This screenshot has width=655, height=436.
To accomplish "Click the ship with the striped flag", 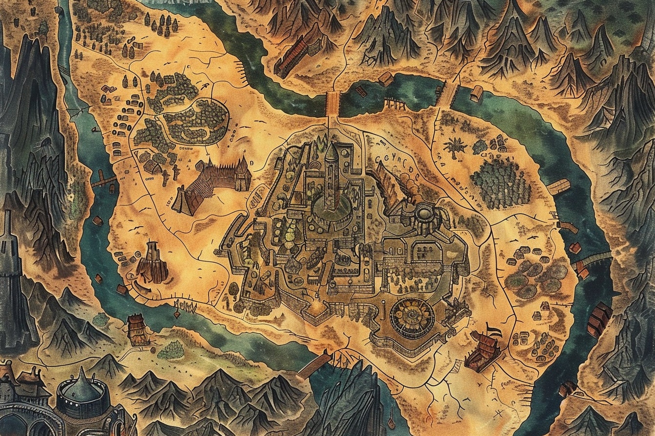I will coord(482,350).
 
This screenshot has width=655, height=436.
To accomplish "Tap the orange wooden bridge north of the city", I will coord(332,103).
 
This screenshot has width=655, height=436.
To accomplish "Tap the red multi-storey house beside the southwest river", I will coord(136,328).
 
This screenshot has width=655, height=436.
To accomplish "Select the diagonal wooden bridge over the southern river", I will coord(314,365).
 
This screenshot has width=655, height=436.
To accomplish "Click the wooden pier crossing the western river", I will coord(103,181).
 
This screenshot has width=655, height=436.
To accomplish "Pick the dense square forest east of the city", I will coord(501,183).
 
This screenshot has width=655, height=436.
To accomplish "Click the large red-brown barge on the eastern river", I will coord(599,319).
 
